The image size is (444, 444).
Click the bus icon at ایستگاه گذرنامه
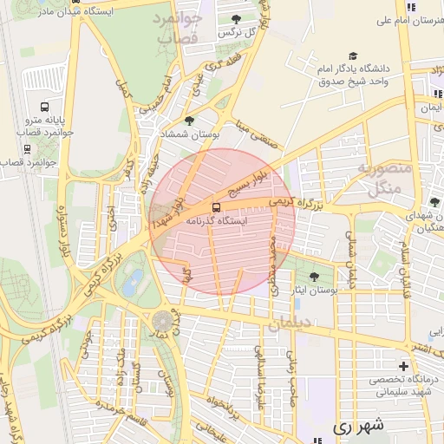point(215,207)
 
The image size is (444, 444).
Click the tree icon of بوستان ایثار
point(314,277)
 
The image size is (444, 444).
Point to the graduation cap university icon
point(352,55)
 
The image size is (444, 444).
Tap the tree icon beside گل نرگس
point(237,18)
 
